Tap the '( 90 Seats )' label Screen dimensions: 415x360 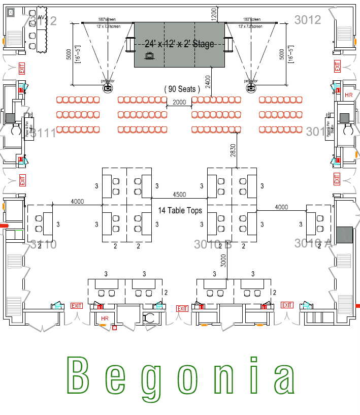click(x=182, y=89)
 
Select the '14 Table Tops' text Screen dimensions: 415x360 click(x=180, y=210)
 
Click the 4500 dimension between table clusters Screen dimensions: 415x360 click(x=179, y=195)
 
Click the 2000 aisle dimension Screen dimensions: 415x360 click(x=179, y=102)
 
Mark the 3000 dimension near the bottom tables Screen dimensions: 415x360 click(x=223, y=261)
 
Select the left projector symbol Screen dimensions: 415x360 click(x=108, y=88)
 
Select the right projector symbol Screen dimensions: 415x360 click(x=250, y=88)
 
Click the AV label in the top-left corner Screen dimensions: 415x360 click(x=42, y=19)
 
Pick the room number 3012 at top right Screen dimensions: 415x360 click(x=308, y=20)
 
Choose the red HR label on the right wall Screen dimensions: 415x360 click(x=348, y=95)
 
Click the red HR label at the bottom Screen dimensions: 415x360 click(x=105, y=318)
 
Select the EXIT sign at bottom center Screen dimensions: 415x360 click(x=182, y=308)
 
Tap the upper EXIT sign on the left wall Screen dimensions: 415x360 click(x=22, y=69)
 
